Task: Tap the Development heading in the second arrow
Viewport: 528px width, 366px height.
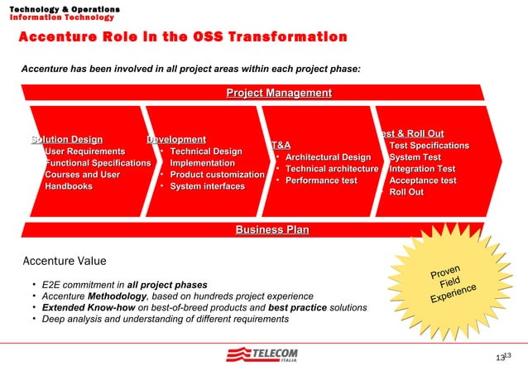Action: point(175,139)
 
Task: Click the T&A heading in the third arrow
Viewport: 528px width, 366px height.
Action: point(281,145)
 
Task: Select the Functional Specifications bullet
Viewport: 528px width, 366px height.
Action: point(97,163)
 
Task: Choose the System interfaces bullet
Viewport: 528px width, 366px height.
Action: point(207,186)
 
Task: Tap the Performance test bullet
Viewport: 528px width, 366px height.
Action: point(321,181)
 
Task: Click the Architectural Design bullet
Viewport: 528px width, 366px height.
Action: point(328,157)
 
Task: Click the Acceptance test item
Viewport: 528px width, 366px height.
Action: point(422,181)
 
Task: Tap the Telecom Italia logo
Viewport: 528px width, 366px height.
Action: point(262,354)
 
